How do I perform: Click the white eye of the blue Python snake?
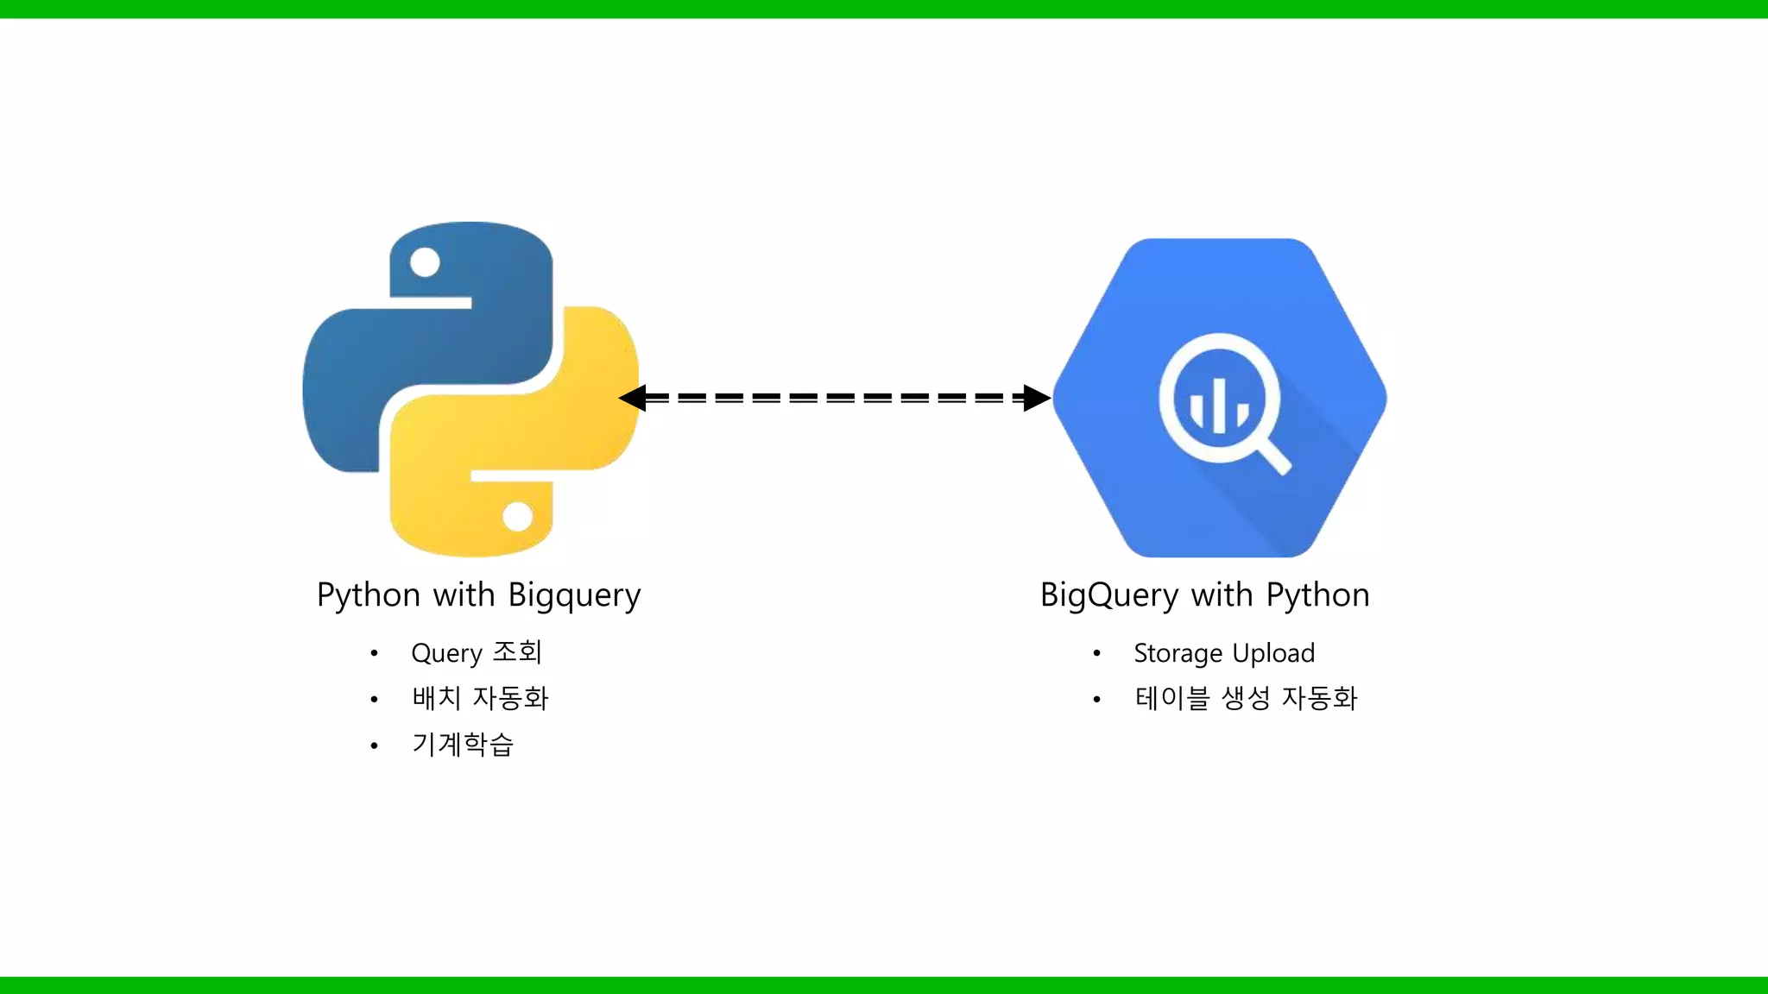425,262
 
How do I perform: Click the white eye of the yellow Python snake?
517,517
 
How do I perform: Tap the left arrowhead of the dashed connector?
634,398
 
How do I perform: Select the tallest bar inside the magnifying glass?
1220,405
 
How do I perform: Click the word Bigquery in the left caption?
574,596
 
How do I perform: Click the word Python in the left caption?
369,596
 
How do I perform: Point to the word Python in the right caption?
1317,595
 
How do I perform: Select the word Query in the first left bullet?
446,654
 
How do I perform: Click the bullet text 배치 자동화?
480,698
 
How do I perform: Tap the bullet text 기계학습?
463,744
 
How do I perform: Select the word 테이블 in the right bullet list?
1172,698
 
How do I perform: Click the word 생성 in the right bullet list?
1246,698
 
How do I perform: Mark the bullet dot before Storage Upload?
1096,653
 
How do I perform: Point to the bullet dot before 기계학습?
374,745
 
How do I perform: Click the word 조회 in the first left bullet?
516,652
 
